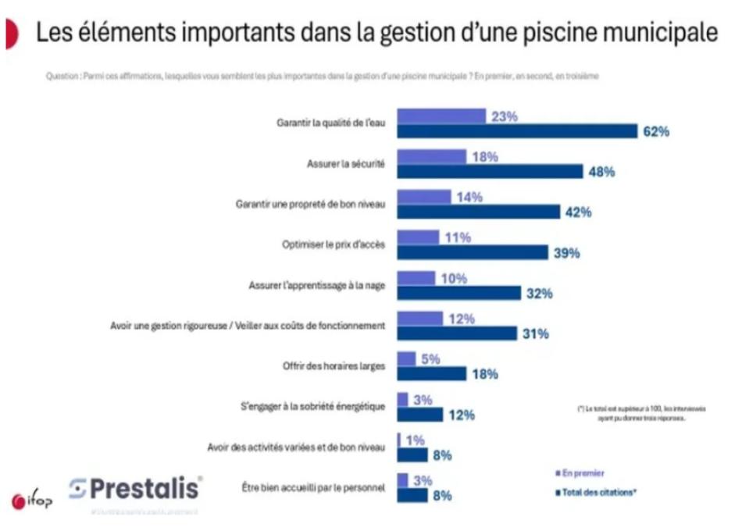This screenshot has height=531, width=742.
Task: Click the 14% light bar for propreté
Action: (424, 197)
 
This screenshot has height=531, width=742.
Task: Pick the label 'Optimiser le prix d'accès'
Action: (334, 244)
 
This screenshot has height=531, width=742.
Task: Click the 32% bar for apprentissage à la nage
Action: (459, 293)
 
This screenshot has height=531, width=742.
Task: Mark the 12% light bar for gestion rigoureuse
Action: (420, 319)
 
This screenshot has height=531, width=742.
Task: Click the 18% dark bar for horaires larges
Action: (432, 374)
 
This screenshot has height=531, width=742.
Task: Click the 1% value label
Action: (415, 440)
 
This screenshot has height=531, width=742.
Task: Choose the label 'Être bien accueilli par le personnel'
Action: (316, 488)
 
